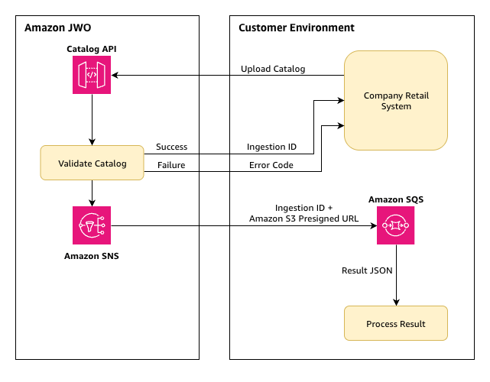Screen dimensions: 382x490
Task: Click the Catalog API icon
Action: (92, 76)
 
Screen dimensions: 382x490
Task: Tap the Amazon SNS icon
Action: (92, 225)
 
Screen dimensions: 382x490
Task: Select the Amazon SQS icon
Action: (396, 225)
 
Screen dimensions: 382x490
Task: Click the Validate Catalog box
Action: (92, 163)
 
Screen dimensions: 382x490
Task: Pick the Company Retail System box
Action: (396, 100)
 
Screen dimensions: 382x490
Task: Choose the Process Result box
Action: (396, 323)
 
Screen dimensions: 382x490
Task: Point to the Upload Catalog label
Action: (273, 69)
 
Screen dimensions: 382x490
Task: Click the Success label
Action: (171, 147)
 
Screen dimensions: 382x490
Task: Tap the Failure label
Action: (171, 165)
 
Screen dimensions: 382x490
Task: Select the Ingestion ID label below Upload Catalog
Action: (271, 147)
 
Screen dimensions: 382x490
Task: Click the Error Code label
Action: (271, 165)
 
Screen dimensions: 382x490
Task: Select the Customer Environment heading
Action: (297, 28)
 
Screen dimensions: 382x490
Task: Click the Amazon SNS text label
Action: (92, 256)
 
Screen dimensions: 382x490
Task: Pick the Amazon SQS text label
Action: (396, 199)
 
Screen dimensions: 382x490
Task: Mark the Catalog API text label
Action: (92, 50)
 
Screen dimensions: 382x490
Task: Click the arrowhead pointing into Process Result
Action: (396, 302)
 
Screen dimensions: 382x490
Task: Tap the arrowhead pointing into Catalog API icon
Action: (115, 76)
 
